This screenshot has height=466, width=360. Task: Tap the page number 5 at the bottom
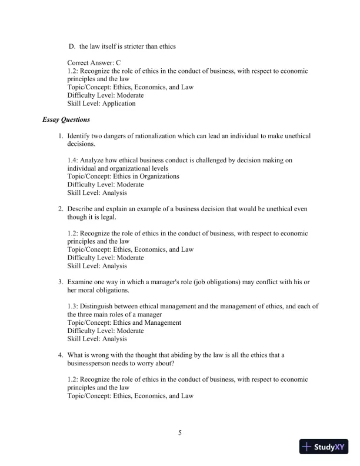(x=180, y=434)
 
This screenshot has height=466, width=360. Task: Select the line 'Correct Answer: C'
(x=94, y=62)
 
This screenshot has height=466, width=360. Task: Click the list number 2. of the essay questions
(x=60, y=209)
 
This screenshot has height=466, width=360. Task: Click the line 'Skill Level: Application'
(x=101, y=104)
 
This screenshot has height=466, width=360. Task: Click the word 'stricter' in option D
(x=132, y=46)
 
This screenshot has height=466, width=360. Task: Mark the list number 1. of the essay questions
(x=60, y=136)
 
